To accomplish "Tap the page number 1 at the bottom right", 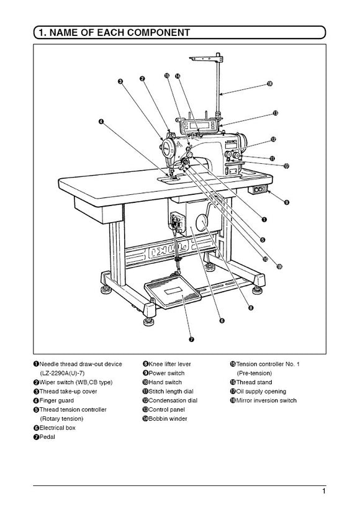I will [x=324, y=492].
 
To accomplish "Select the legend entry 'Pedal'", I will [x=48, y=438].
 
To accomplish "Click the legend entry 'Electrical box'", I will [x=59, y=428].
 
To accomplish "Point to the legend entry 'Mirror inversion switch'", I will [x=266, y=400].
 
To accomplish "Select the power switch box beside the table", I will [x=259, y=189].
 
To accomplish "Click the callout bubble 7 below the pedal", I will [x=191, y=339].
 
